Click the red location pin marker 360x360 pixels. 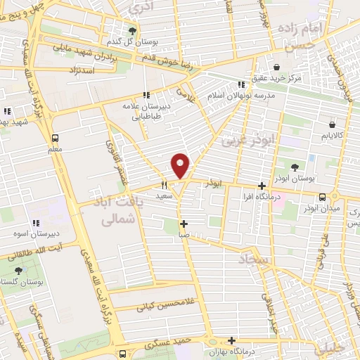(x=181, y=166)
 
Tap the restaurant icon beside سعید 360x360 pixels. (x=165, y=186)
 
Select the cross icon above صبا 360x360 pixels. (x=184, y=225)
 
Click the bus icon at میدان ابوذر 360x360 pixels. (x=322, y=198)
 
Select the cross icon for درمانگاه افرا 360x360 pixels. (x=262, y=186)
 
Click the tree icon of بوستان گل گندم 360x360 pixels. (x=132, y=30)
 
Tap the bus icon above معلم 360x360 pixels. (x=56, y=138)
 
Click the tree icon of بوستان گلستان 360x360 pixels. (x=18, y=270)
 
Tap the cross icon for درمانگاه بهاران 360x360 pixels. (x=231, y=340)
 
